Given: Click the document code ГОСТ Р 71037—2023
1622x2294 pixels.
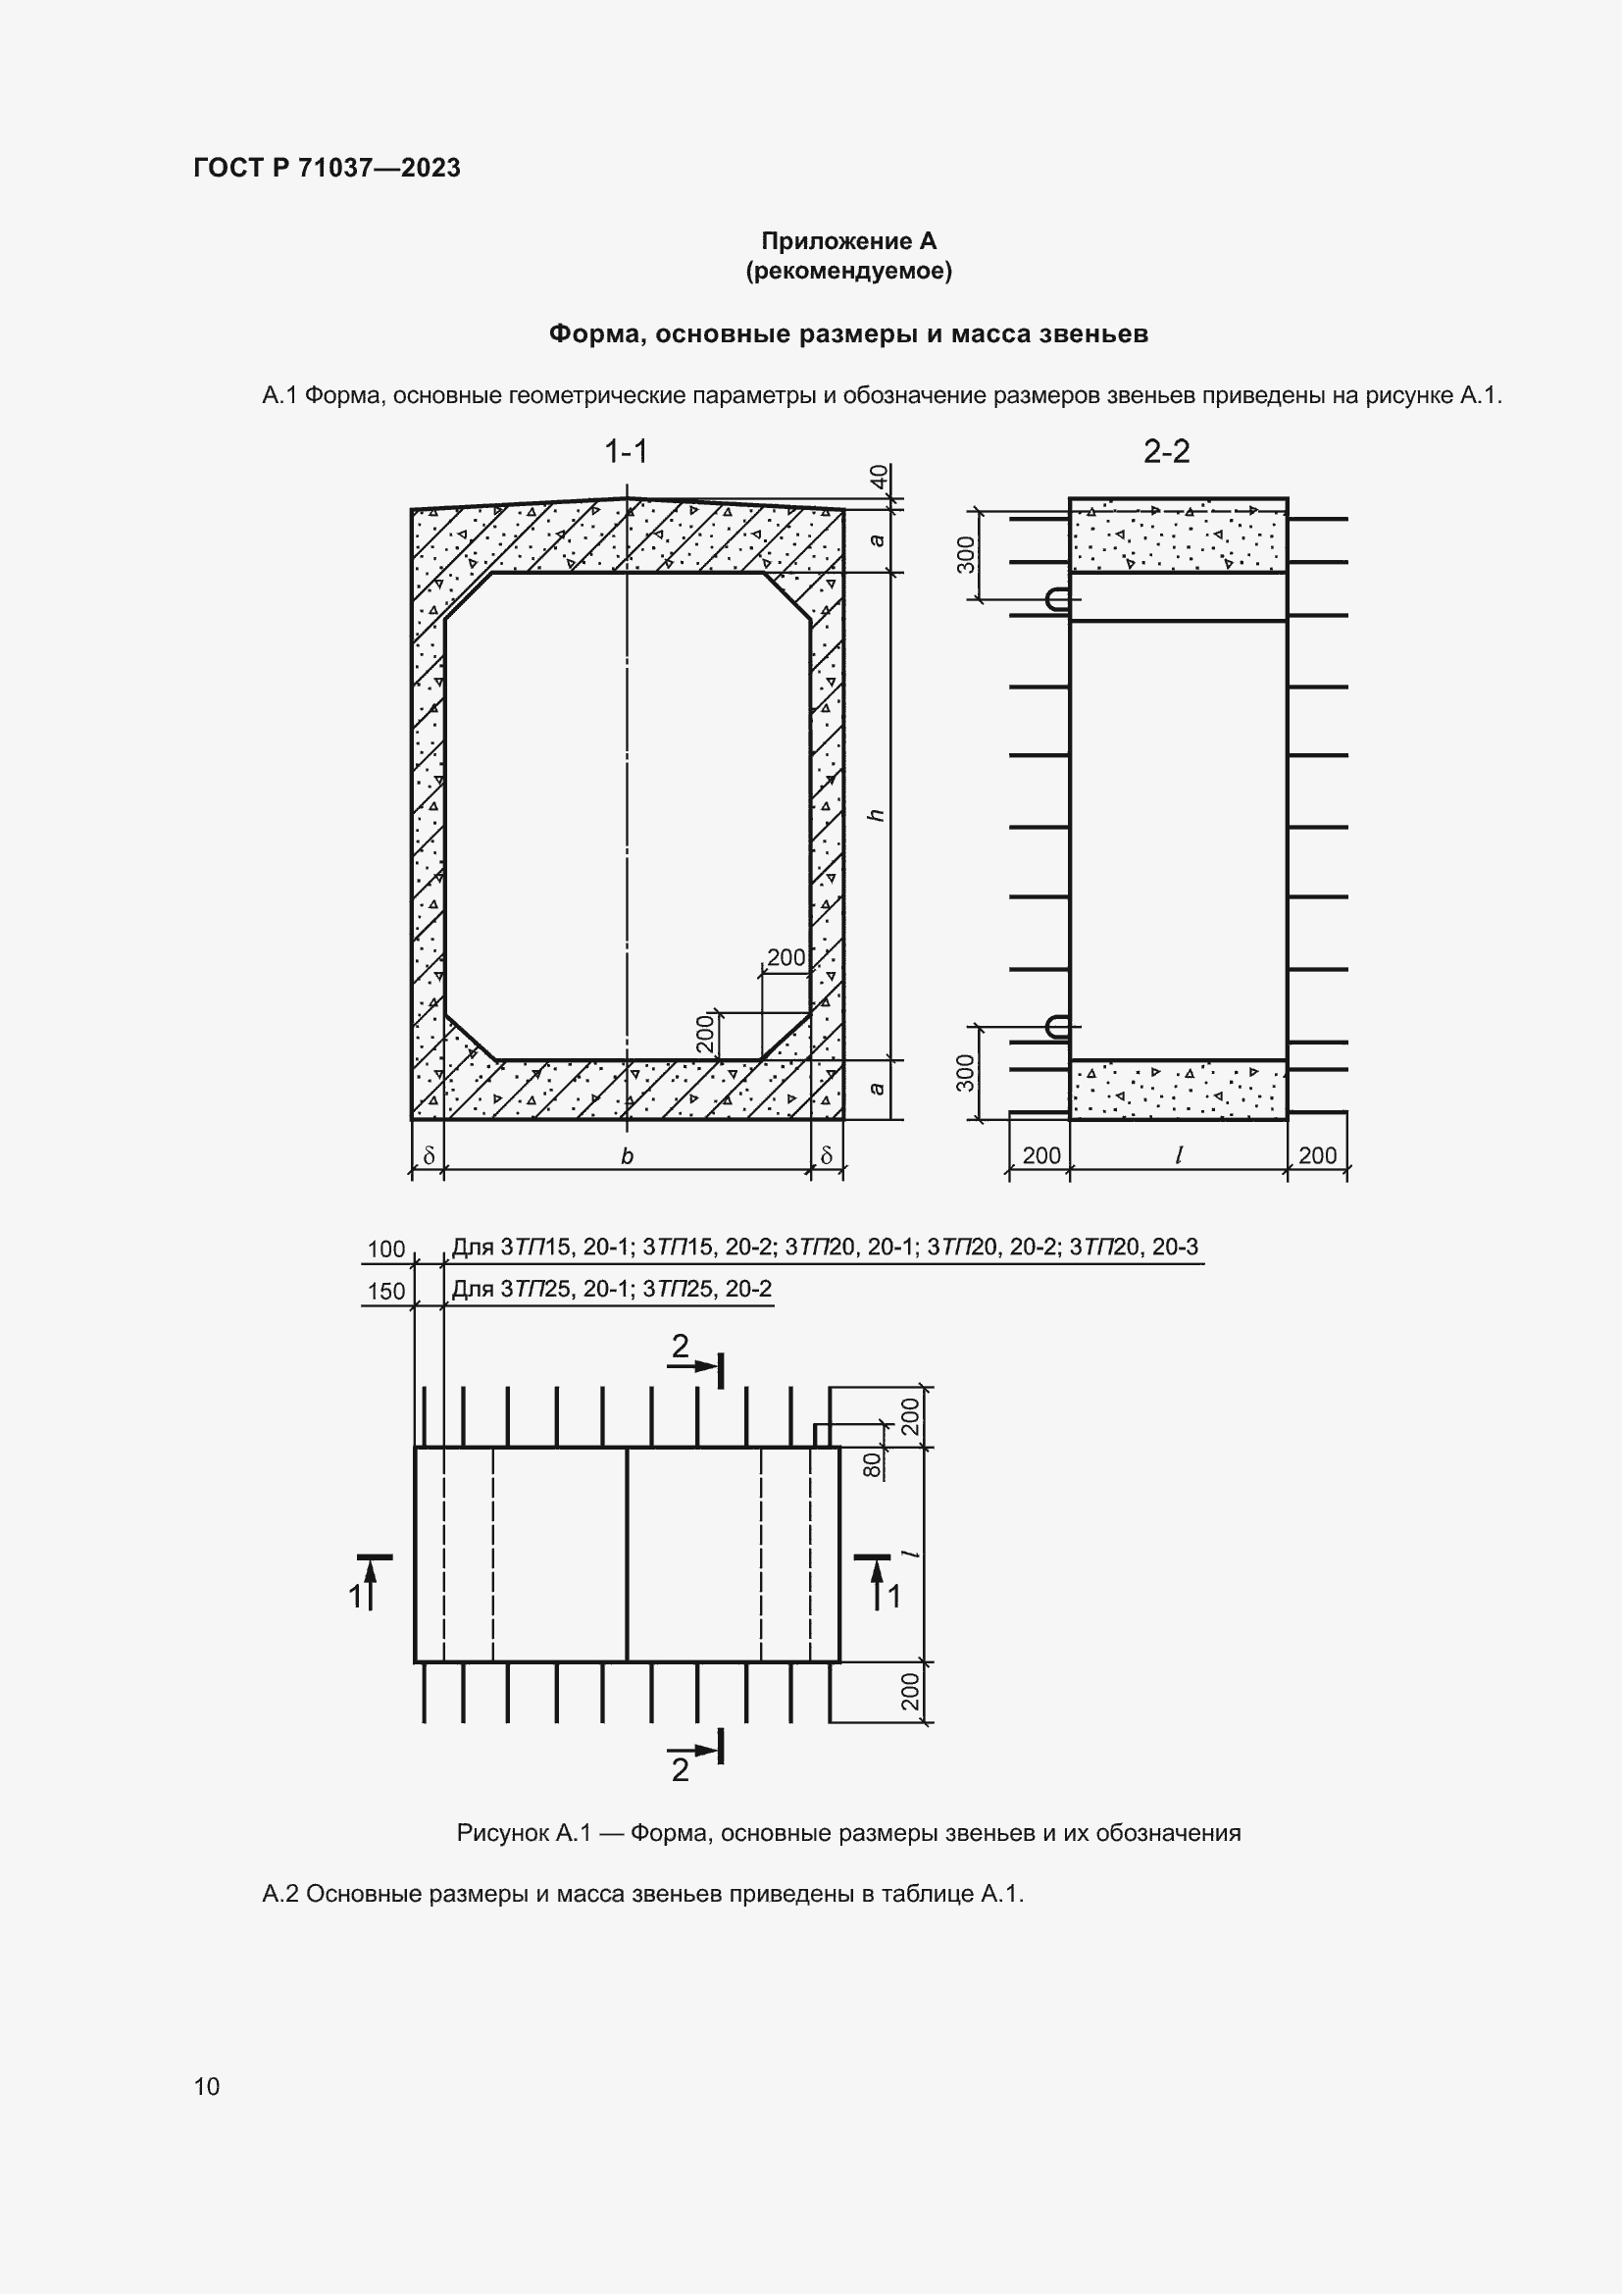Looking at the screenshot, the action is pyautogui.click(x=327, y=168).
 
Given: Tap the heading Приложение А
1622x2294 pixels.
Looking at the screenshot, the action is pyautogui.click(x=848, y=241).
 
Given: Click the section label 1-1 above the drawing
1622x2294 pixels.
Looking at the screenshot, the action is pyautogui.click(x=627, y=452).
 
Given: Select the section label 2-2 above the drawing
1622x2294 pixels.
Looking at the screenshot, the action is pyautogui.click(x=1166, y=452).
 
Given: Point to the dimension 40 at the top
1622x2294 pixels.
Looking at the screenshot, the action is pyautogui.click(x=879, y=478).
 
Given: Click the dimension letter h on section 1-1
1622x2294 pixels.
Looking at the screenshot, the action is pyautogui.click(x=877, y=815).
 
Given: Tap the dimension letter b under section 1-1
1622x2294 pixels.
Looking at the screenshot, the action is pyautogui.click(x=628, y=1156).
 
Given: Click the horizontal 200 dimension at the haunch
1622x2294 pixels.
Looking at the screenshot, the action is pyautogui.click(x=786, y=957).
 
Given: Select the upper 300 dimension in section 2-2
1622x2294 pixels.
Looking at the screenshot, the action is pyautogui.click(x=966, y=555).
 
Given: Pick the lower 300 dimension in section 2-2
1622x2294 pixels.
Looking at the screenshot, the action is pyautogui.click(x=966, y=1073).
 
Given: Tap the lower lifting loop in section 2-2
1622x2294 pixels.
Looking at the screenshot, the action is pyautogui.click(x=1057, y=1026).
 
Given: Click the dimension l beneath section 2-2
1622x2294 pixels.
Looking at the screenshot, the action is pyautogui.click(x=1179, y=1156).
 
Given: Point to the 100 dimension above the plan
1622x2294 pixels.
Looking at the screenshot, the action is pyautogui.click(x=386, y=1249).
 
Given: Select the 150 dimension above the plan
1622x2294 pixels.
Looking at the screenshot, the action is pyautogui.click(x=386, y=1291).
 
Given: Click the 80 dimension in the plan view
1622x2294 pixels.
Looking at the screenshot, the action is pyautogui.click(x=872, y=1464).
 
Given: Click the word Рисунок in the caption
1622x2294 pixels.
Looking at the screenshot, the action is pyautogui.click(x=502, y=1833).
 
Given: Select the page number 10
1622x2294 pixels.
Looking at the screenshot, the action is pyautogui.click(x=207, y=2086).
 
